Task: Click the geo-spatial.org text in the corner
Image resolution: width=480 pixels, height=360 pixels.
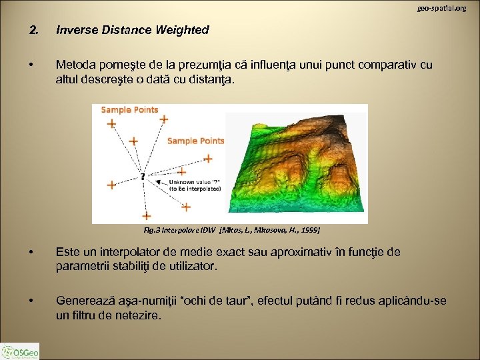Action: coord(442,8)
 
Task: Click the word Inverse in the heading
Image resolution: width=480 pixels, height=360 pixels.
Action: coord(76,30)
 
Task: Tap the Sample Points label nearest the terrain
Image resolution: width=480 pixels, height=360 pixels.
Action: coord(195,141)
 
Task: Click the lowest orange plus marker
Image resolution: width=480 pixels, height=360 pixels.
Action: coord(147,215)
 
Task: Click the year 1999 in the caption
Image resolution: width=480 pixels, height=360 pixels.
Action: coord(310,230)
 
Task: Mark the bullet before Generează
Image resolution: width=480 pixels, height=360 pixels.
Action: coord(31,301)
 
